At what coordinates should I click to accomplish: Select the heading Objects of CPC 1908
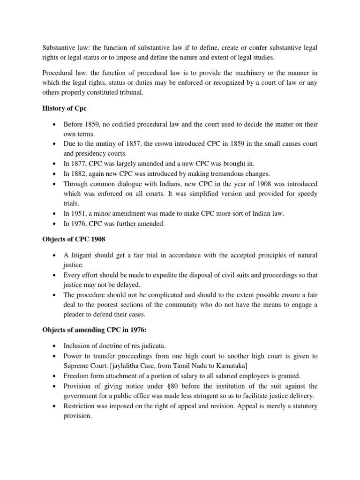[x=73, y=240]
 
